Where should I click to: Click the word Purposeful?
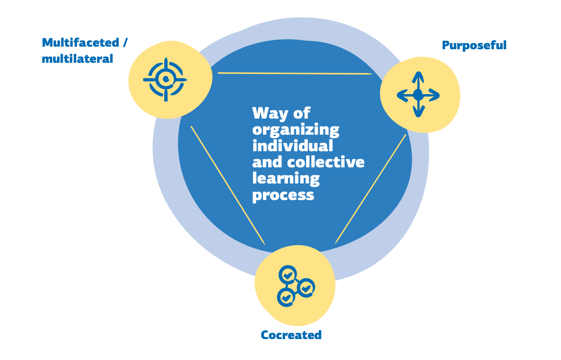click(474, 46)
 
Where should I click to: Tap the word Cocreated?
click(291, 335)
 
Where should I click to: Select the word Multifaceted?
click(81, 43)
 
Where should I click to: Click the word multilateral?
click(78, 59)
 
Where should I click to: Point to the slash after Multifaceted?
click(125, 43)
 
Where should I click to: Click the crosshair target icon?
click(166, 80)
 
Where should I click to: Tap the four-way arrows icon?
click(418, 95)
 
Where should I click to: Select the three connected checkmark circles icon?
click(296, 286)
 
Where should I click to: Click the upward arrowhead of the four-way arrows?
click(418, 77)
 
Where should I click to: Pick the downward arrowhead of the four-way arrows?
click(419, 112)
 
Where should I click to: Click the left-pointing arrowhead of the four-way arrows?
click(402, 95)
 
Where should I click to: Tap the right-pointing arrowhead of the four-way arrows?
click(434, 95)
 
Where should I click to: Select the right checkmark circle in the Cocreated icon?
click(306, 288)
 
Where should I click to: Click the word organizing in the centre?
click(296, 130)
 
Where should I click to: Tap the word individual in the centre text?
click(293, 146)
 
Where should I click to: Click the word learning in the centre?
click(286, 179)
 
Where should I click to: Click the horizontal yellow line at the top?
click(295, 73)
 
